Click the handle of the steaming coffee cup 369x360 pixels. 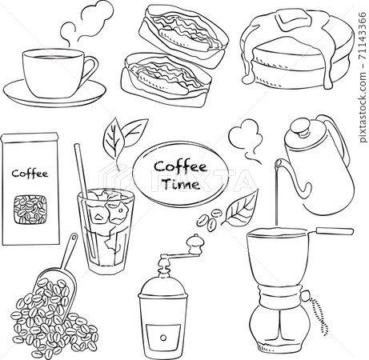point(90,67)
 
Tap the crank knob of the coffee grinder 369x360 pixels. point(192,241)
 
